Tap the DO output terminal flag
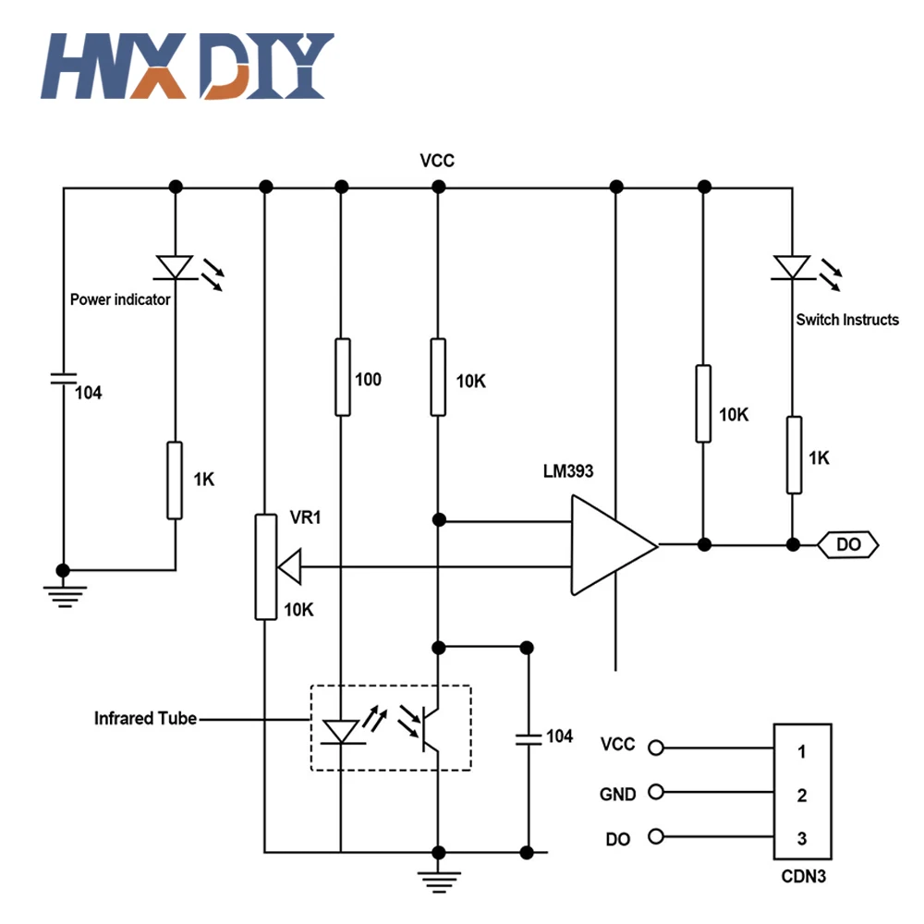[x=848, y=545]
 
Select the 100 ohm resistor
[x=342, y=376]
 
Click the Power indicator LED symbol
[x=175, y=266]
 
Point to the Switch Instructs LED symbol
[x=791, y=266]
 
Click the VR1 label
[x=305, y=518]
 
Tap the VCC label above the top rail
[x=437, y=161]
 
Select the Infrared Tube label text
[x=145, y=718]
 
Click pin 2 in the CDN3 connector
[x=802, y=795]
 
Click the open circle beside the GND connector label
[x=656, y=793]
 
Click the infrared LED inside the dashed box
[x=341, y=732]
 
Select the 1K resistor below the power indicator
[x=175, y=480]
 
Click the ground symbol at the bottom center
[x=438, y=878]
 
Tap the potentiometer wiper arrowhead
[x=290, y=567]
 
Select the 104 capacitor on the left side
[x=63, y=378]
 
